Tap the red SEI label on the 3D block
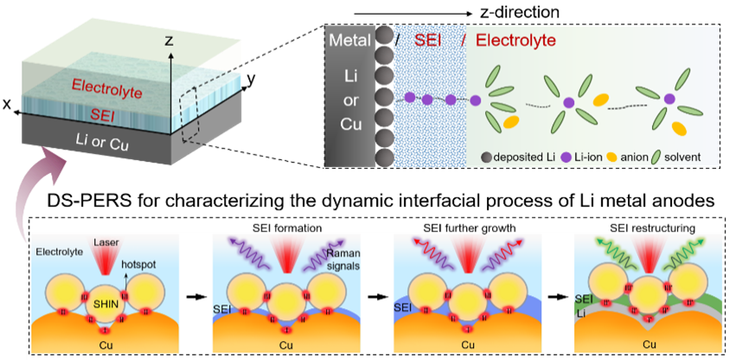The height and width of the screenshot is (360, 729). point(108,112)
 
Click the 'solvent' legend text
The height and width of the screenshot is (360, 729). point(683,157)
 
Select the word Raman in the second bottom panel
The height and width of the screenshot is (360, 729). point(342,253)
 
